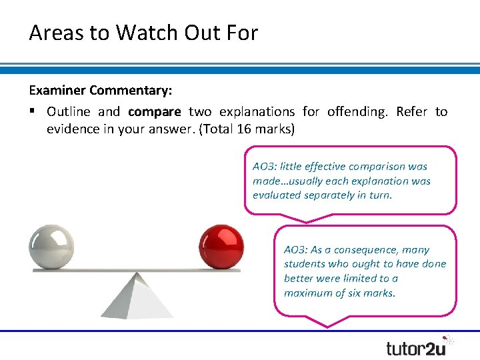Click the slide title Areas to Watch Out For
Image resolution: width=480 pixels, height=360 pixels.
point(143,33)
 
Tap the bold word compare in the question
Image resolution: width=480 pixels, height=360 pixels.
point(155,111)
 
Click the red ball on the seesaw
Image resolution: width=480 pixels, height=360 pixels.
point(222,247)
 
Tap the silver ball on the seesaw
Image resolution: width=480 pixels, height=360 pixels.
point(51,247)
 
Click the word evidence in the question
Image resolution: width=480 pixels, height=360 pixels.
point(73,129)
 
